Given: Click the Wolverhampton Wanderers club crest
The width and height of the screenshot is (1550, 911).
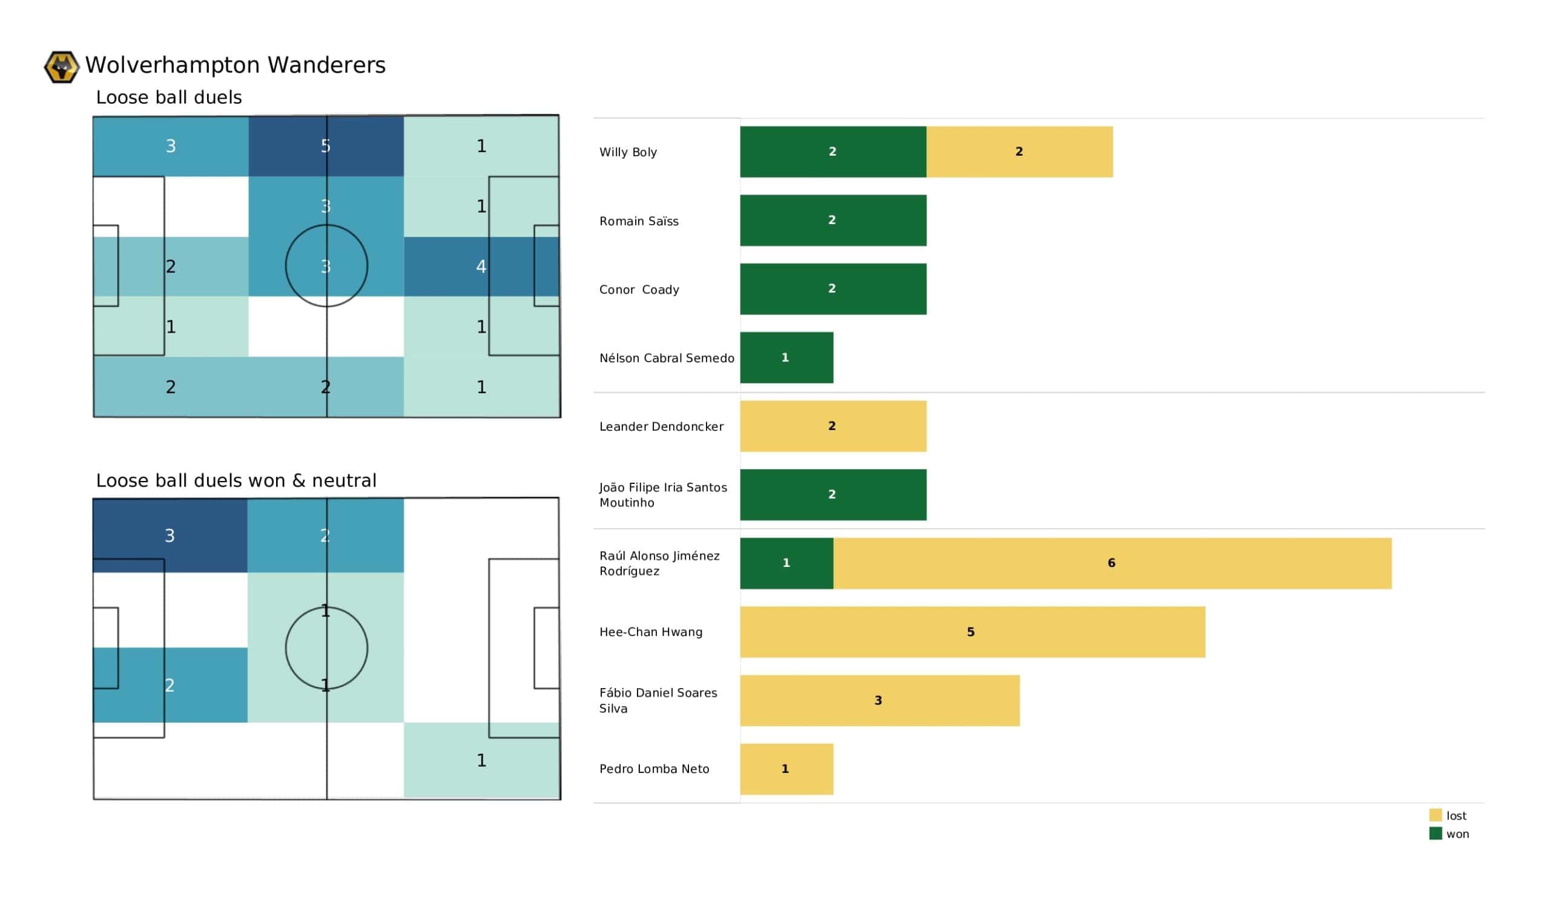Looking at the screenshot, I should (62, 67).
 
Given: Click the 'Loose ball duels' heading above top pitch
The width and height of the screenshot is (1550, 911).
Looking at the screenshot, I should (168, 98).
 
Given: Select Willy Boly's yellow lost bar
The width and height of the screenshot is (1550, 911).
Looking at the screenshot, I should (1019, 152).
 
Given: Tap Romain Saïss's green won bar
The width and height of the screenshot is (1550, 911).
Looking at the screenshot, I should (833, 220).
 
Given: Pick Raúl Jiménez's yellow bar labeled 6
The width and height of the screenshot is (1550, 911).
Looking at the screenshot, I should (1112, 563).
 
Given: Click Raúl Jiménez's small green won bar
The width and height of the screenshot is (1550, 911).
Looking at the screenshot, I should (787, 563).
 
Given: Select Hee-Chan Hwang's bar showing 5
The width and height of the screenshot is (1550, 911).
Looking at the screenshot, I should (972, 632).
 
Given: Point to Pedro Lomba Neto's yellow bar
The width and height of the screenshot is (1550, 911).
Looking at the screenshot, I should (787, 769).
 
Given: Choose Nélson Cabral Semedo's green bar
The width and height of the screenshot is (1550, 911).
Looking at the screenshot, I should (787, 357).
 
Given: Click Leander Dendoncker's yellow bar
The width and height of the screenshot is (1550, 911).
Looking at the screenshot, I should (833, 426).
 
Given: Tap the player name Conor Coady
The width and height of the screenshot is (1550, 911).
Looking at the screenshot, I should (639, 290).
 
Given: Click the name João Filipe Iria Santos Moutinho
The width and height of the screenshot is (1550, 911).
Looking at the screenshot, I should (662, 495).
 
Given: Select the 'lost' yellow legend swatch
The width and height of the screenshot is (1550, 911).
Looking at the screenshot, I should (1435, 815).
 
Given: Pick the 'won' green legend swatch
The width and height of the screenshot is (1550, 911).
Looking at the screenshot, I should (1435, 833).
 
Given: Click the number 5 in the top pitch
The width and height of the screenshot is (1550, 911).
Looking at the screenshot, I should (325, 146).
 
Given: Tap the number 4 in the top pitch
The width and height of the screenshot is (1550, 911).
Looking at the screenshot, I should (481, 267).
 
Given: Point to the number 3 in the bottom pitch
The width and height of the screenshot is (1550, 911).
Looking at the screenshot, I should (170, 535).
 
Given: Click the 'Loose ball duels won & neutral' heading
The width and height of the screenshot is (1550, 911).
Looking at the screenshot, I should (236, 480).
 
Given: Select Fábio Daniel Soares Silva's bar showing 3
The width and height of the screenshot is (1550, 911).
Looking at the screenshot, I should (880, 700).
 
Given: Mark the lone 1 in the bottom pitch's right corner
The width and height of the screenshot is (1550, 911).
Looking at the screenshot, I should (481, 760).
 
